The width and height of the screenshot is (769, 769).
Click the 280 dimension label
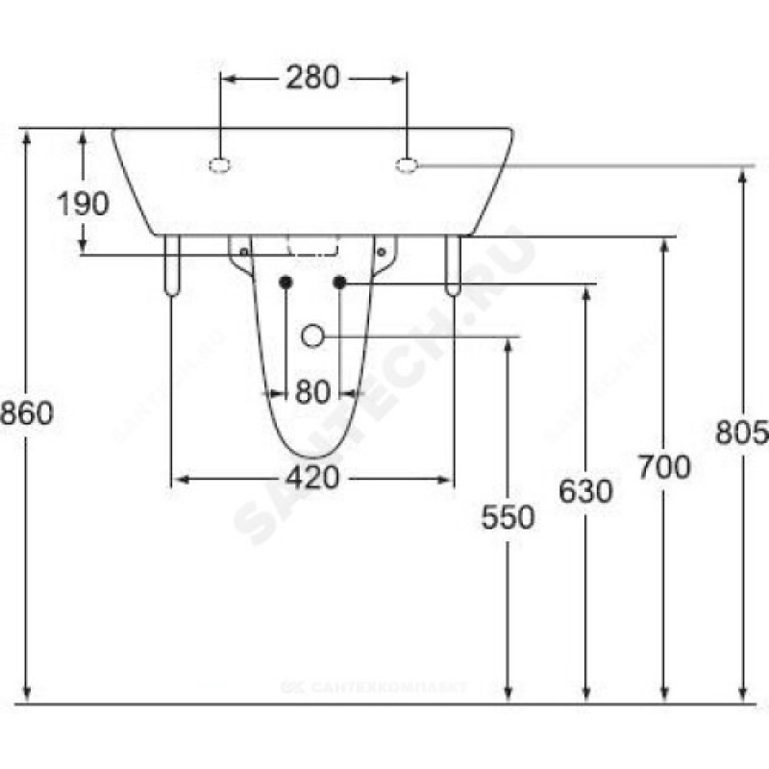point(312,78)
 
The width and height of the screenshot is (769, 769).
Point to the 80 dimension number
point(312,391)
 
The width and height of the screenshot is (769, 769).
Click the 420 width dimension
point(312,477)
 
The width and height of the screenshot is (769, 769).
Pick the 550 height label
point(509,517)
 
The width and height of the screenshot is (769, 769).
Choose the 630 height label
point(585,491)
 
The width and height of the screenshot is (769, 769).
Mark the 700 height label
point(663,467)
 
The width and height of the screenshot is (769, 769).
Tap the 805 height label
point(741,433)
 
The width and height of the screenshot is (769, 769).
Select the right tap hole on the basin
point(407,165)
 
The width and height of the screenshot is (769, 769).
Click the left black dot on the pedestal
point(285,282)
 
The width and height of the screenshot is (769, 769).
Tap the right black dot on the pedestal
point(339,282)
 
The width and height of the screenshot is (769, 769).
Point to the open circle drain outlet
point(312,335)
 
